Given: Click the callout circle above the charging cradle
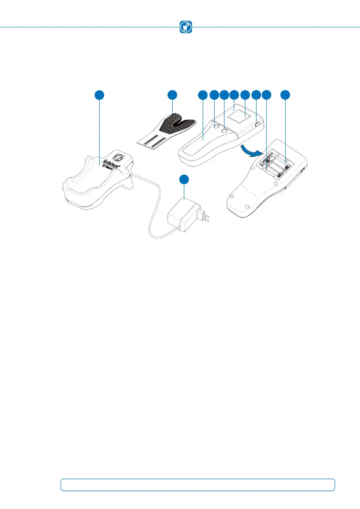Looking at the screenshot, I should click(99, 95).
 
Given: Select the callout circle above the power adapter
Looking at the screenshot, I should click(184, 180).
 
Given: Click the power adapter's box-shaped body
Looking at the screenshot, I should click(183, 216).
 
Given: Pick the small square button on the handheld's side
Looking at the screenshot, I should click(257, 124).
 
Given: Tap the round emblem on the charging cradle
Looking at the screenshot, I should click(121, 157).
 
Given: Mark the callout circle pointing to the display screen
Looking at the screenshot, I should click(245, 95).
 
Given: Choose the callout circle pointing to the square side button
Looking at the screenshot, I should click(256, 95).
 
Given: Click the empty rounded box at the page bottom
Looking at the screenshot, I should click(198, 485).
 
